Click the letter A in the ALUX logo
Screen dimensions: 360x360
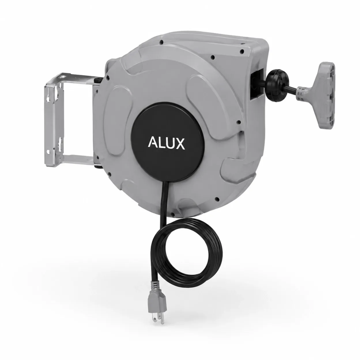[x=153, y=143]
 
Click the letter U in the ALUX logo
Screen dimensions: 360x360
[x=170, y=144]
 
